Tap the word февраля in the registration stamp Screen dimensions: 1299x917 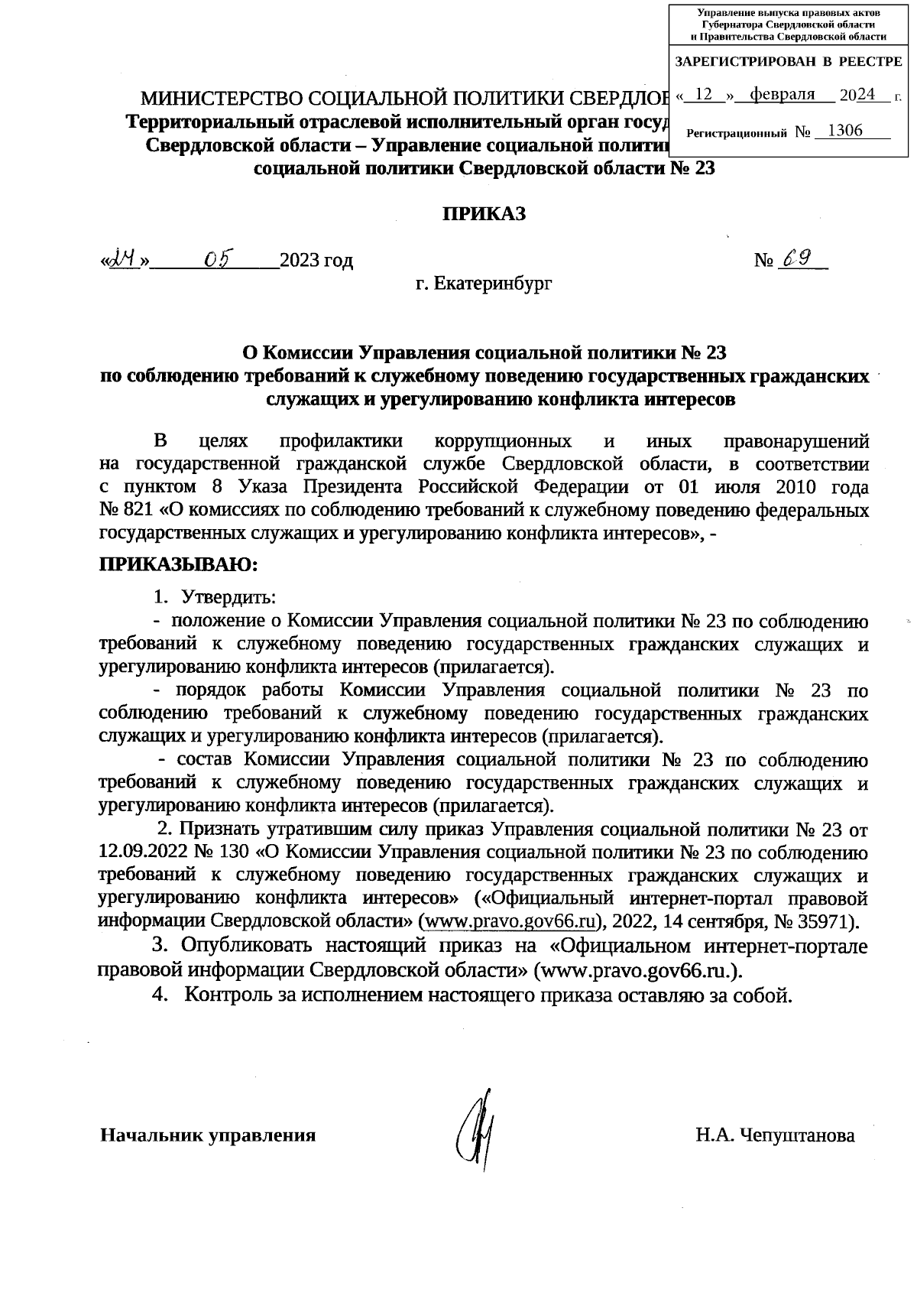[x=782, y=95]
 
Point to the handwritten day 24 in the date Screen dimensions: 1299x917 [x=124, y=260]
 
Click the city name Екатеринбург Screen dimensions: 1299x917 [x=493, y=284]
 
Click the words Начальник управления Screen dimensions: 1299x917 [x=209, y=1135]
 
